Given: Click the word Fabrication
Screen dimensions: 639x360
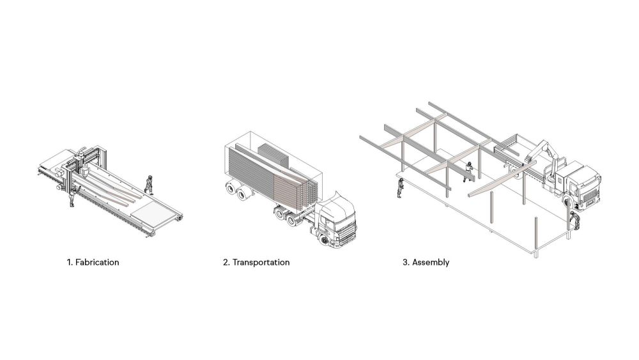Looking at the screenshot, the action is pyautogui.click(x=97, y=262).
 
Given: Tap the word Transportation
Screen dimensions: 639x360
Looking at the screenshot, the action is pyautogui.click(x=261, y=262).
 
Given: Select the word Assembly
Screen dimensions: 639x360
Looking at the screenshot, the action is pyautogui.click(x=431, y=262).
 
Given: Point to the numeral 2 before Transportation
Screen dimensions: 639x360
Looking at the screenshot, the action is pyautogui.click(x=226, y=262).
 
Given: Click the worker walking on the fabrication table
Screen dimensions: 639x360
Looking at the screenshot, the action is pyautogui.click(x=149, y=184).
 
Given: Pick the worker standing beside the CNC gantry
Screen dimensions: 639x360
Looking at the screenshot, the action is pyautogui.click(x=73, y=197).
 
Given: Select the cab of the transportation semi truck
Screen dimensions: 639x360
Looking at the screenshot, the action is pyautogui.click(x=334, y=220).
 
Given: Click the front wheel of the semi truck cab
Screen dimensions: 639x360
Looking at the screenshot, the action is pyautogui.click(x=325, y=240).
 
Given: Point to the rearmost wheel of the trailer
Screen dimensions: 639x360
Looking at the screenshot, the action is pyautogui.click(x=231, y=189).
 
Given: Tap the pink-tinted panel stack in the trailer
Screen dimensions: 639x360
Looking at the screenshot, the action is pyautogui.click(x=290, y=189).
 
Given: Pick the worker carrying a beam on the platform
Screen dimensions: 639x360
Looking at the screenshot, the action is pyautogui.click(x=468, y=171).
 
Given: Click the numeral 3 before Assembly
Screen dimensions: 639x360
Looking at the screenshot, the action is pyautogui.click(x=405, y=262).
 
